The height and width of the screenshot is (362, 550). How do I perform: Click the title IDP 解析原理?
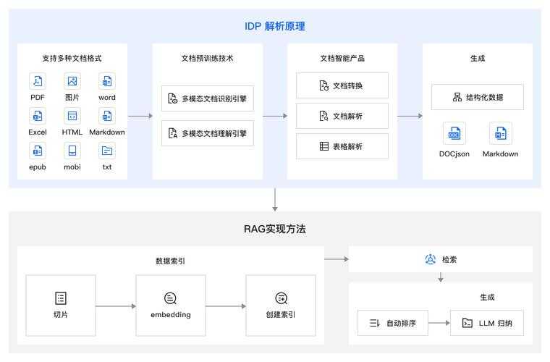point(274,26)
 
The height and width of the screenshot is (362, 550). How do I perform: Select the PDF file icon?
point(38,81)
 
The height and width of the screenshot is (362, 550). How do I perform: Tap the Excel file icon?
point(38,116)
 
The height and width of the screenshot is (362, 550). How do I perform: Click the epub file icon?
point(38,151)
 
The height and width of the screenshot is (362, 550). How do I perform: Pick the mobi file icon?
point(72,151)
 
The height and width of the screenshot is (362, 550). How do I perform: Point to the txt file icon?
point(107,151)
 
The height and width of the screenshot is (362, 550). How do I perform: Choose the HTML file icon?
point(72,116)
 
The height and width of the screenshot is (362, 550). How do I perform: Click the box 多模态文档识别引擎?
point(208,98)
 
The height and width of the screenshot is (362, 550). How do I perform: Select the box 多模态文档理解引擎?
point(208,133)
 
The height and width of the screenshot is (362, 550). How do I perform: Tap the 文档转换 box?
point(342,85)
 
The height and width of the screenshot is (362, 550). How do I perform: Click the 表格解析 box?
point(342,146)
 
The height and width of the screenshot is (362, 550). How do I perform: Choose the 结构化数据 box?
point(478,97)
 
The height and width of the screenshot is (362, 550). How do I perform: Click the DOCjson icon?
point(454,134)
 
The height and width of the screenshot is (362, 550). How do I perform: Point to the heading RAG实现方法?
point(274,229)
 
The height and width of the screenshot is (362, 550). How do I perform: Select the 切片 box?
point(60,305)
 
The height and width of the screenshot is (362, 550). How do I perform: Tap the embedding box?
point(171,305)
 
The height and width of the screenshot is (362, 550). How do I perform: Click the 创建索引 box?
point(281,305)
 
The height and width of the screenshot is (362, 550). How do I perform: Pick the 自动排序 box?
point(392,322)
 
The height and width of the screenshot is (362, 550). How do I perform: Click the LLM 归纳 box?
point(487,322)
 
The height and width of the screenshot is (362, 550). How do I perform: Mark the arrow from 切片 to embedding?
point(115,306)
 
